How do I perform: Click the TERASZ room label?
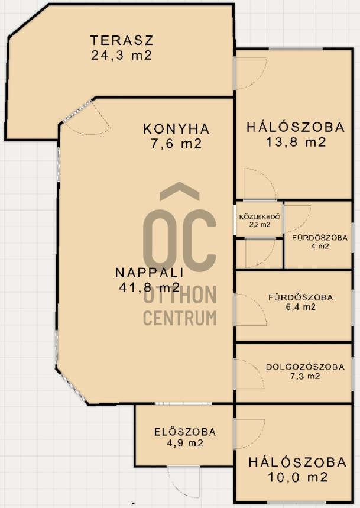pyautogui.click(x=121, y=40)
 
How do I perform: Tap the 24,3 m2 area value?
pyautogui.click(x=122, y=55)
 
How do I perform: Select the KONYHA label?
pyautogui.click(x=176, y=128)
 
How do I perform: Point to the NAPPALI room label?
pyautogui.click(x=149, y=273)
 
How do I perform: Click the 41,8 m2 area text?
pyautogui.click(x=149, y=287)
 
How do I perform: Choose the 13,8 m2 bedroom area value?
pyautogui.click(x=296, y=142)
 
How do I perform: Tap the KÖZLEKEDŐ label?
pyautogui.click(x=260, y=217)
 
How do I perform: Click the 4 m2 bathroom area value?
pyautogui.click(x=320, y=246)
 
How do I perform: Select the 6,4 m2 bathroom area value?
pyautogui.click(x=300, y=307)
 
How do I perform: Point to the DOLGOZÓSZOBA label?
pyautogui.click(x=305, y=367)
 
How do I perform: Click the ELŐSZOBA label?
pyautogui.click(x=185, y=432)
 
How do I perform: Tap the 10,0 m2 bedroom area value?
pyautogui.click(x=298, y=477)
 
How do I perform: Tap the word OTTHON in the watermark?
pyautogui.click(x=180, y=295)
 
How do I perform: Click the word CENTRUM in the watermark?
pyautogui.click(x=180, y=318)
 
